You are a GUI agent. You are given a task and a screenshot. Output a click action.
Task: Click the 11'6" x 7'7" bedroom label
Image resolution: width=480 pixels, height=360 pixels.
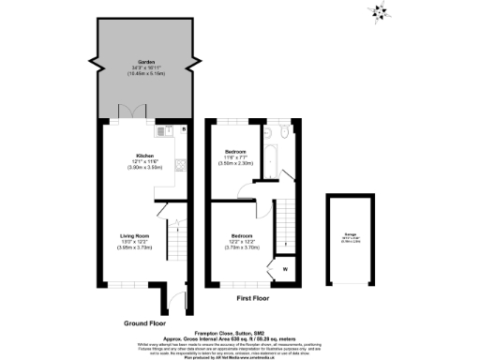pos(235,151)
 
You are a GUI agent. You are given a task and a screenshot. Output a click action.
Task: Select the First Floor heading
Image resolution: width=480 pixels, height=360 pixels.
pos(254,298)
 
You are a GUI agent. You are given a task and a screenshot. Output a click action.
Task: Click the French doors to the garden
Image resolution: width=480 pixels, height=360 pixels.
pos(132,113)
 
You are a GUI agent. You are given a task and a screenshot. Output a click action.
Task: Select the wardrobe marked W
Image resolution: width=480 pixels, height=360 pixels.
pos(284,270)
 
